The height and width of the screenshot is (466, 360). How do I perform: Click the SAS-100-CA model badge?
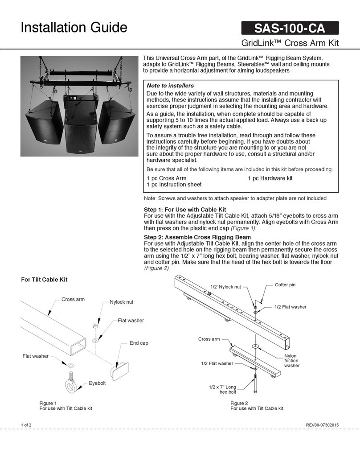coord(289,29)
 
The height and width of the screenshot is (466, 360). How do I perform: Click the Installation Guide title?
coord(74,28)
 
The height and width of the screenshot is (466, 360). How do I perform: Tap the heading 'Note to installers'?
coord(170,85)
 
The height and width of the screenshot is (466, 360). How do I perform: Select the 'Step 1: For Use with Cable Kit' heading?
coord(185,209)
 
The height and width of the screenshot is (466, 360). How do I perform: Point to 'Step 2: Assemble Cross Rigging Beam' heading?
coord(198,237)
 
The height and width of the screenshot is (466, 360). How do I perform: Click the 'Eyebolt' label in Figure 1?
coord(97,384)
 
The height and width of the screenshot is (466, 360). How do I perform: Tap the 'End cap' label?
coord(139,343)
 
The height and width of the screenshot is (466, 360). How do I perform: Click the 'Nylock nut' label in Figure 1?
coord(122,302)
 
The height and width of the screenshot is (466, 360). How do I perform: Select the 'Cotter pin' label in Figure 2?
coord(285,285)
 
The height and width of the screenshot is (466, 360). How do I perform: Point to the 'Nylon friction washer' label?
coord(291,361)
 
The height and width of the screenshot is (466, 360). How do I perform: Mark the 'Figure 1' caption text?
coord(48,403)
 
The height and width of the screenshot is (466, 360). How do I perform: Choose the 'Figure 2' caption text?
coord(239,403)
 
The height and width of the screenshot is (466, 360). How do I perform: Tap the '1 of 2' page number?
coord(26,425)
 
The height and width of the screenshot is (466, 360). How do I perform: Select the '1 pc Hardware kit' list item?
coord(270,178)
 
